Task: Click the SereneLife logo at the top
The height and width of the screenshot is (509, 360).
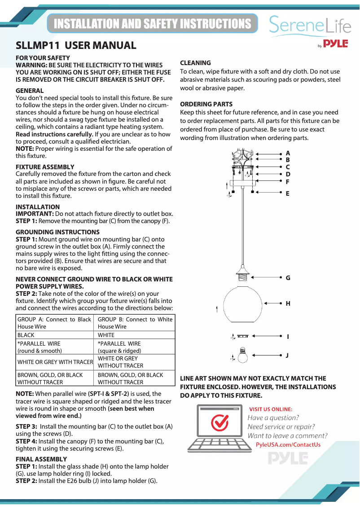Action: tap(310, 25)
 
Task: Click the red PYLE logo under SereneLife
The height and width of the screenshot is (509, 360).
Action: tap(336, 44)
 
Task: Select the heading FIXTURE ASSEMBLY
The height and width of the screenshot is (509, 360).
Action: tap(45, 167)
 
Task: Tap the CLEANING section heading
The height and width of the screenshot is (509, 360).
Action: tap(195, 63)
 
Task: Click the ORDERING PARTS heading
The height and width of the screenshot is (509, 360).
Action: tap(206, 104)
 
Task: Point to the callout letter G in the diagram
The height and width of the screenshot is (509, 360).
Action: tap(288, 278)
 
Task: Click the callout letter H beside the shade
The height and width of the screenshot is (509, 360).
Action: tap(288, 303)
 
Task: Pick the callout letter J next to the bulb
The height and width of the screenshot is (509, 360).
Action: tap(287, 355)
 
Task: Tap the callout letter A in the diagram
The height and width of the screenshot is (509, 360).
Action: tap(288, 153)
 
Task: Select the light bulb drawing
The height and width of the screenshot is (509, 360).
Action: tap(243, 355)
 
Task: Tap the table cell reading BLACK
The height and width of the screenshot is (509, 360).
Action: tap(26, 335)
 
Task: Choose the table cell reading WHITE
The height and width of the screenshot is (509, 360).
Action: tap(106, 335)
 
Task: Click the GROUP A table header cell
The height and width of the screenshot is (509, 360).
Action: tap(54, 323)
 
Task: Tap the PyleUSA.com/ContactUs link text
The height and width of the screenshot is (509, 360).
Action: tap(288, 445)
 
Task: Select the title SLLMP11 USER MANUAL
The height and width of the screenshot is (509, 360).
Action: tap(76, 45)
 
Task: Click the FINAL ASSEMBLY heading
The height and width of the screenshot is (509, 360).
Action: tap(41, 459)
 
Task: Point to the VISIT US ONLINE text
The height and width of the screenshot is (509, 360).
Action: tap(271, 409)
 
